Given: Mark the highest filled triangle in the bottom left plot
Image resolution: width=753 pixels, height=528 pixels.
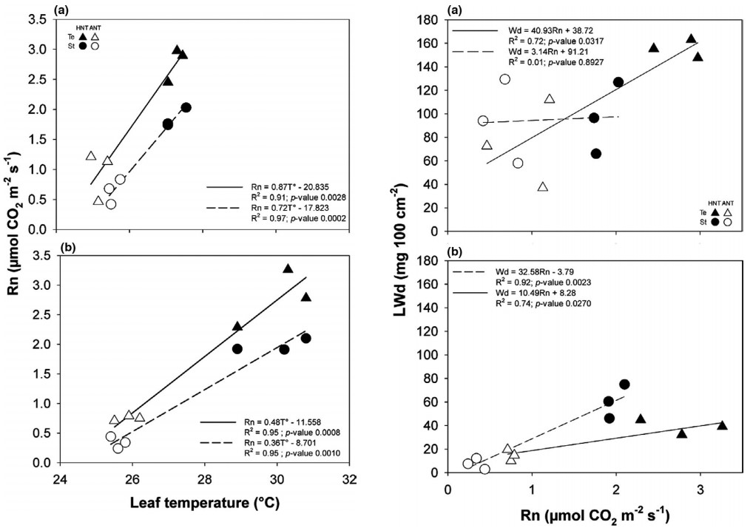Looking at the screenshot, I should coord(288,268).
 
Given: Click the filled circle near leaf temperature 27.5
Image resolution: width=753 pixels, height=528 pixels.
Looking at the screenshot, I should coord(186,107).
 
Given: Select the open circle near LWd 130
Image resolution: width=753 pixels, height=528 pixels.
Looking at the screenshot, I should coord(504,79).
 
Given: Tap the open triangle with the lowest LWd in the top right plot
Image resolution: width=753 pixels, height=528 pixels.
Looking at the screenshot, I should coord(543,186).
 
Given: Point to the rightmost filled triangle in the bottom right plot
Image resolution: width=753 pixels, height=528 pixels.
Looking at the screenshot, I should coord(722,425).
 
